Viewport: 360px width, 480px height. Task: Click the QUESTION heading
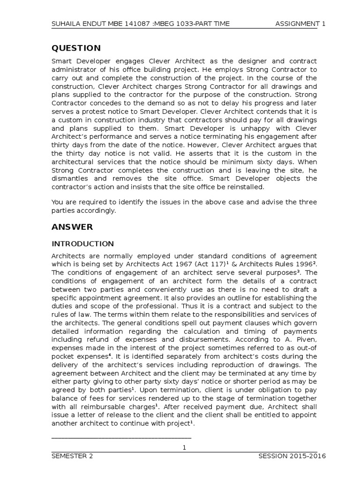pos(76,48)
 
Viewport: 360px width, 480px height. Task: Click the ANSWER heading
pos(72,227)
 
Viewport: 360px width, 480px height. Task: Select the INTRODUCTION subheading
pos(82,244)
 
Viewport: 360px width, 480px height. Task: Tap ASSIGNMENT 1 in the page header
pos(300,23)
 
